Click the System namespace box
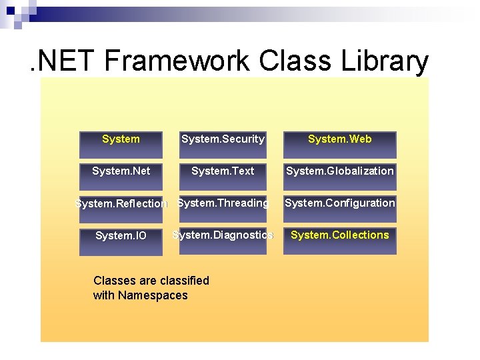coord(121,144)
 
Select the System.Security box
coord(223,144)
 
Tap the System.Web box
coord(339,144)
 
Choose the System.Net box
coord(121,176)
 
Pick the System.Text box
coord(223,176)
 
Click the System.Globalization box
coord(339,176)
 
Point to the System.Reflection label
coord(121,204)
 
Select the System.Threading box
coord(223,208)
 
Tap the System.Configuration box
coord(339,208)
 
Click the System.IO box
coord(121,241)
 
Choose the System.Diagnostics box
coord(223,240)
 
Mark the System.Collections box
coord(339,240)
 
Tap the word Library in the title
coord(387,61)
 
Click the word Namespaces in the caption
coord(153,295)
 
